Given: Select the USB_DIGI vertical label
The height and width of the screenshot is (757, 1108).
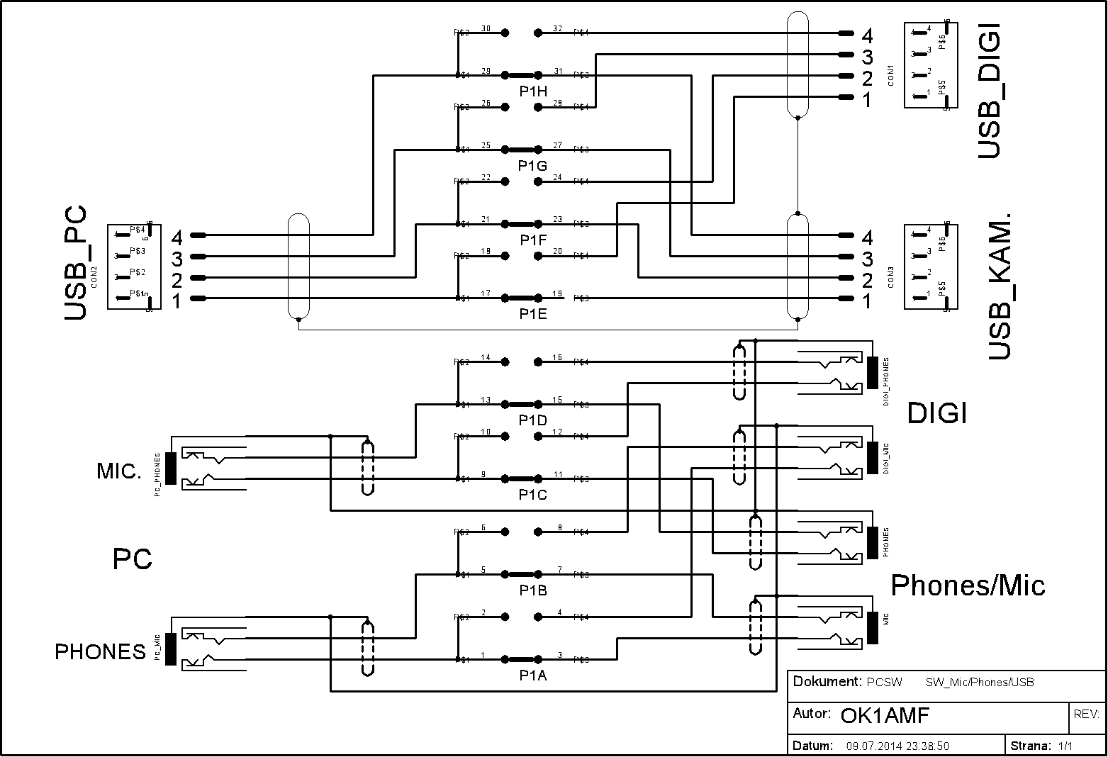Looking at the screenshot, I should (990, 90).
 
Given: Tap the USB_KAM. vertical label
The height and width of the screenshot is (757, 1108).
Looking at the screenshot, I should (1000, 285).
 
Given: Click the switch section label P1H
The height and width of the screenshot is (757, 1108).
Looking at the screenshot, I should (533, 91).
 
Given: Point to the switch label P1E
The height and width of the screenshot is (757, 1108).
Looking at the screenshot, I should (532, 315).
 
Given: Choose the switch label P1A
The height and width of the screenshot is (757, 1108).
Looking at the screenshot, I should (532, 675).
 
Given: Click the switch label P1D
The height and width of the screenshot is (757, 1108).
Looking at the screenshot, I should (532, 420).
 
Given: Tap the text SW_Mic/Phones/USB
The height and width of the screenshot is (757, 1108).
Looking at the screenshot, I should (979, 683).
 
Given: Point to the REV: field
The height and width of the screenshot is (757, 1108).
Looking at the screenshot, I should (1086, 714).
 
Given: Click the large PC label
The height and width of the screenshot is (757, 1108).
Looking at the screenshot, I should (133, 559).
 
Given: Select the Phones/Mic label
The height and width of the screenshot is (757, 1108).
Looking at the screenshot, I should (968, 585).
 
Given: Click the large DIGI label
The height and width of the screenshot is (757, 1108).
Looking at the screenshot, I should (937, 413).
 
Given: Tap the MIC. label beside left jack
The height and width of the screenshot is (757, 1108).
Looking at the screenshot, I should (119, 471).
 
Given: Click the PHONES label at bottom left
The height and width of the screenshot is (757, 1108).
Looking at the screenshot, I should (100, 651).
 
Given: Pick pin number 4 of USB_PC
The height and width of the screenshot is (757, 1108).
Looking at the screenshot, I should (177, 237).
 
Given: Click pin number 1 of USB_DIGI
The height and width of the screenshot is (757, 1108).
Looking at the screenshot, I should (866, 100).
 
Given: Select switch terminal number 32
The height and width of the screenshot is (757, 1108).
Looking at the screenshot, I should (557, 28).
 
